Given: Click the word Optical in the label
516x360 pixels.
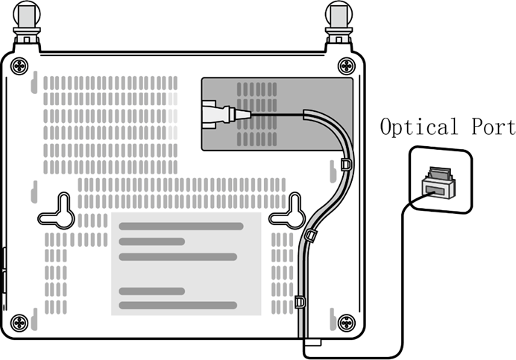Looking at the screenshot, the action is pos(419,127).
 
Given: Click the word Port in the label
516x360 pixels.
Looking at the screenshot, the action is pos(494,127).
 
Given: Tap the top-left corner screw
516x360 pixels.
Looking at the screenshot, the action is pos(19,66).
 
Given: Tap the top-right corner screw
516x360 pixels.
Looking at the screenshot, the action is pos(347,66).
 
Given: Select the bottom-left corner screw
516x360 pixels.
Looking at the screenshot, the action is pos(19,323).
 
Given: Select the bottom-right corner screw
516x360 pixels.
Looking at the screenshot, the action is pos(347,323).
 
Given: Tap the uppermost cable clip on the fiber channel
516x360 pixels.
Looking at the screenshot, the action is pos(345,164).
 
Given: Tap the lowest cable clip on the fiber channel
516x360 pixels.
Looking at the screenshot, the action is pos(300,301).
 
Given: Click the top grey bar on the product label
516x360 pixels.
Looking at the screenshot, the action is pos(181,226).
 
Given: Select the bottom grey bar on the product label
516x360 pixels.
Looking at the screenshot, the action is pos(177,306).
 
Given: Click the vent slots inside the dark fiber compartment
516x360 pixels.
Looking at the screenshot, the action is pos(257,114).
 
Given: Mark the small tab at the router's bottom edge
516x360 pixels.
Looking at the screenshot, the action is pos(312,343).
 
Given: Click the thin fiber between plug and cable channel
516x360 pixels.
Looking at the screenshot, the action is pos(277,115).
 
